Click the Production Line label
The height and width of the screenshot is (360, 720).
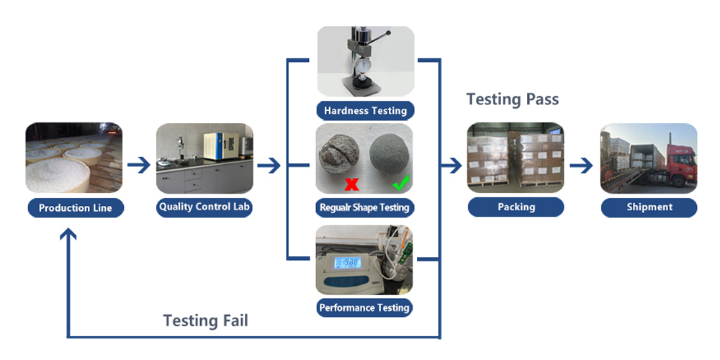click(x=75, y=208)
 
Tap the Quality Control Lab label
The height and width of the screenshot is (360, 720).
click(x=205, y=207)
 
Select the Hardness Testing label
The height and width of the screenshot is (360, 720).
click(x=365, y=111)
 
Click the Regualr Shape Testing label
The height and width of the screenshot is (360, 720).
click(x=365, y=208)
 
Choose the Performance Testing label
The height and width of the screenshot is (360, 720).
click(x=365, y=307)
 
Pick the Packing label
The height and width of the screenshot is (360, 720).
click(x=516, y=207)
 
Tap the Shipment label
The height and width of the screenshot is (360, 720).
click(x=649, y=207)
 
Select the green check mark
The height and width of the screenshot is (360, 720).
click(x=400, y=183)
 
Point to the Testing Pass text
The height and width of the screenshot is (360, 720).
click(x=512, y=99)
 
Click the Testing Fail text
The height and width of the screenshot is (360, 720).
click(x=205, y=320)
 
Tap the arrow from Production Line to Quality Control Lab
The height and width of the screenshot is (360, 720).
click(x=139, y=166)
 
